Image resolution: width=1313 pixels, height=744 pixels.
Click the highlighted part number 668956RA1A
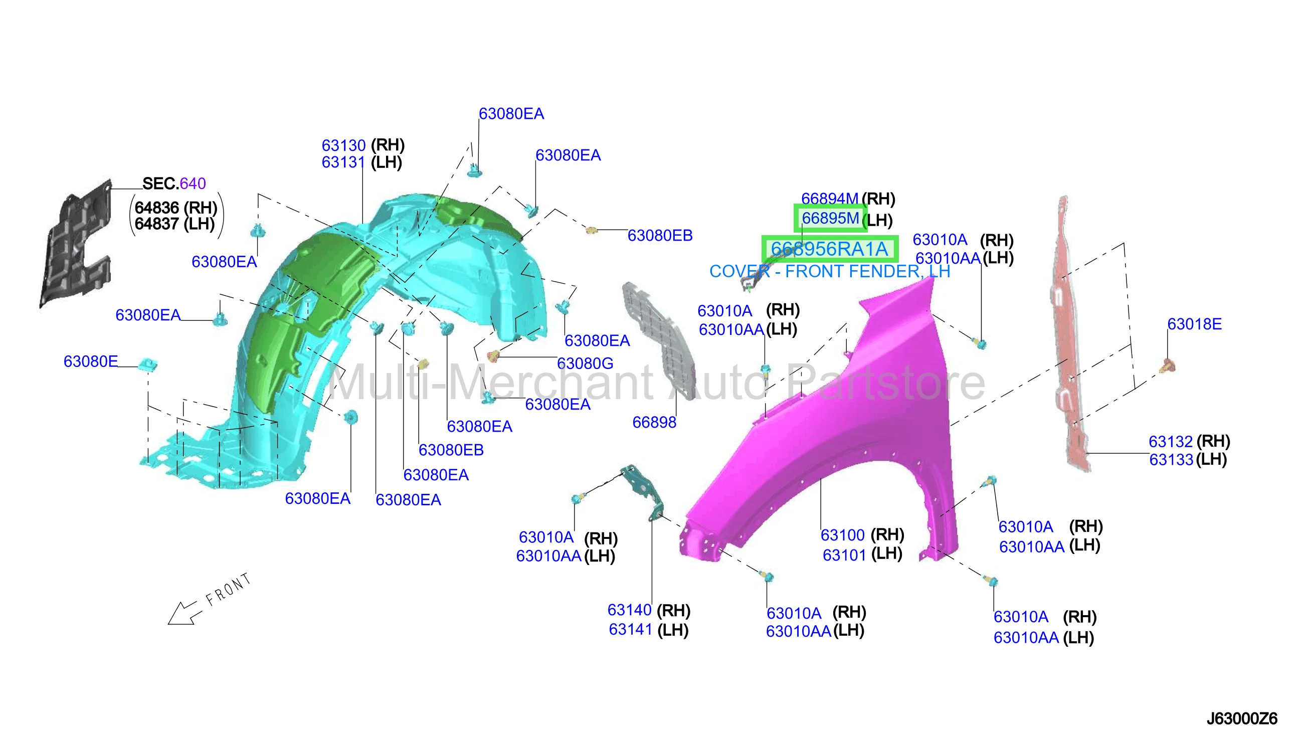tap(829, 249)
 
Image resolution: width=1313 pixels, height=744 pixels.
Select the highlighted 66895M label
tap(830, 218)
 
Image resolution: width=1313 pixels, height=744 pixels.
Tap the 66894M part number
tap(829, 198)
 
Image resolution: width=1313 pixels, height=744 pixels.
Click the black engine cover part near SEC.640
tap(77, 243)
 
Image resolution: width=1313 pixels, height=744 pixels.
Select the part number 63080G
tap(585, 363)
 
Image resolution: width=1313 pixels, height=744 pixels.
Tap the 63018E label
tap(1194, 324)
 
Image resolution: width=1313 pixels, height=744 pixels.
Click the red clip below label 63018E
tap(1168, 366)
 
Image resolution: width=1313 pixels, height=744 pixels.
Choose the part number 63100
tap(842, 535)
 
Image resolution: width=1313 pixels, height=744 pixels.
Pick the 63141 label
tap(630, 630)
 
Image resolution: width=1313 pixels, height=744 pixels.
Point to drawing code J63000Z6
tap(1241, 719)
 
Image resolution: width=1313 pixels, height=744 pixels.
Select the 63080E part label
tap(90, 361)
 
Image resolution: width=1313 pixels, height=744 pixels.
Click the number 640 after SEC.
tap(193, 183)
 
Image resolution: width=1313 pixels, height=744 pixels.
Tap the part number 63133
tap(1171, 459)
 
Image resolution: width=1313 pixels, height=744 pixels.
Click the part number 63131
tap(343, 162)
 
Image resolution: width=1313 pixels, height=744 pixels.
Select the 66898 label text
tap(654, 422)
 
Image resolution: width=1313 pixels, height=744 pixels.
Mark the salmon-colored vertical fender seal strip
tap(1070, 332)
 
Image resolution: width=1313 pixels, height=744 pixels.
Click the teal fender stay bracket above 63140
tap(645, 490)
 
